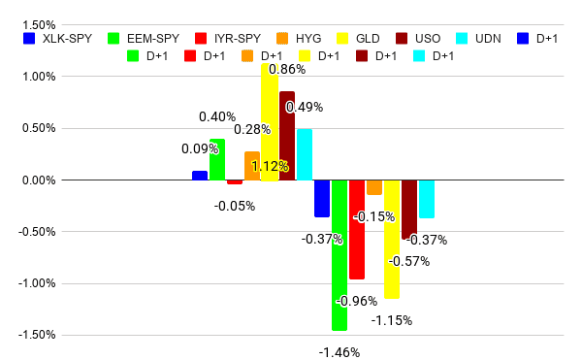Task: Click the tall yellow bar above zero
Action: pyautogui.click(x=270, y=122)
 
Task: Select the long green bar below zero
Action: pyautogui.click(x=339, y=255)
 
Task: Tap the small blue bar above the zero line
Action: pyautogui.click(x=200, y=176)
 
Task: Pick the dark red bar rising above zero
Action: pyautogui.click(x=287, y=136)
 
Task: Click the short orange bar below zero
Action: pyautogui.click(x=374, y=187)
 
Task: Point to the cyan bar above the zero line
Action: pyautogui.click(x=305, y=154)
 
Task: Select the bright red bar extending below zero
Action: pyautogui.click(x=357, y=230)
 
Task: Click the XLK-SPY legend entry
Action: pyautogui.click(x=57, y=39)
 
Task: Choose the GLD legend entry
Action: pyautogui.click(x=358, y=39)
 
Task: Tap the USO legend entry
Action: pyautogui.click(x=418, y=39)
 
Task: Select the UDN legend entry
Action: pyautogui.click(x=478, y=39)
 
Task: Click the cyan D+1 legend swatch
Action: pyautogui.click(x=419, y=56)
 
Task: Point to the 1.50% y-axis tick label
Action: pyautogui.click(x=39, y=25)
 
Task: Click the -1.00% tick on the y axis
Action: pyautogui.click(x=37, y=283)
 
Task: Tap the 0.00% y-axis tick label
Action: pyautogui.click(x=39, y=180)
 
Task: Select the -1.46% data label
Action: pyautogui.click(x=339, y=352)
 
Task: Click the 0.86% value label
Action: pyautogui.click(x=287, y=70)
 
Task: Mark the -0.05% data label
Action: pyautogui.click(x=235, y=206)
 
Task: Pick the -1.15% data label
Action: pyautogui.click(x=392, y=320)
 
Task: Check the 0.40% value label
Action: pyautogui.click(x=217, y=116)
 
